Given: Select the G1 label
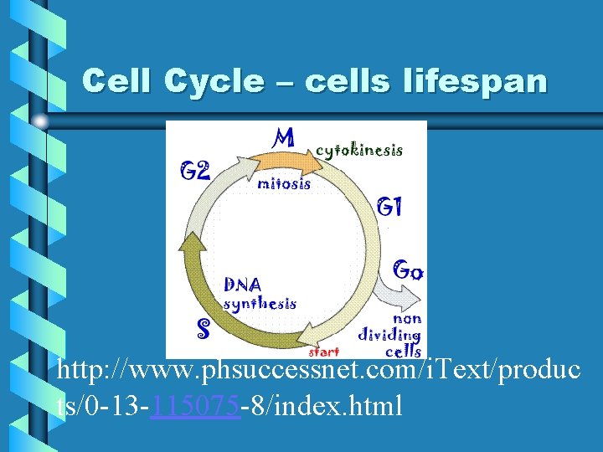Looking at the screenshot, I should [389, 206].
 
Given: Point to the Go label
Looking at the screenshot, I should [408, 270].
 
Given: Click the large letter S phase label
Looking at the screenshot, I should [202, 327].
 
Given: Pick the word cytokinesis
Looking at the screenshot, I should [358, 151].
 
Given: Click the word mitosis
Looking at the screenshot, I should [284, 182].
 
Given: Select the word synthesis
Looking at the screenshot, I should [259, 304].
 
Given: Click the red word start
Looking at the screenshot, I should [324, 352].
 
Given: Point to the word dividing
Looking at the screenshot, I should [389, 336].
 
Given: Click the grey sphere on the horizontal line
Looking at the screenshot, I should [40, 121].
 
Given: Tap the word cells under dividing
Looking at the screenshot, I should [402, 352].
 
